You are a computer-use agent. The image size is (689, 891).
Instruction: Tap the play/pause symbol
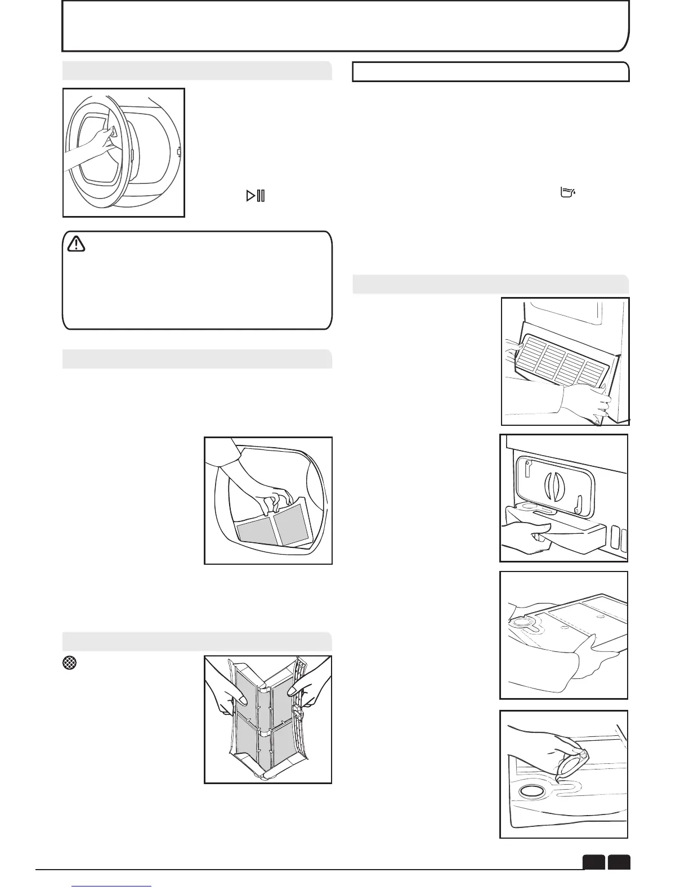[x=256, y=196]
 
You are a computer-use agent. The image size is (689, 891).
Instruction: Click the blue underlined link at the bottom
[x=113, y=888]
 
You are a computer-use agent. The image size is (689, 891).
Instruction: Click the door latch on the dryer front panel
[x=178, y=151]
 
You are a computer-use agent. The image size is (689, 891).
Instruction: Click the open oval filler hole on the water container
[x=531, y=791]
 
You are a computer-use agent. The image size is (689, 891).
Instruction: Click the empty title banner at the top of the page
[x=344, y=26]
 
